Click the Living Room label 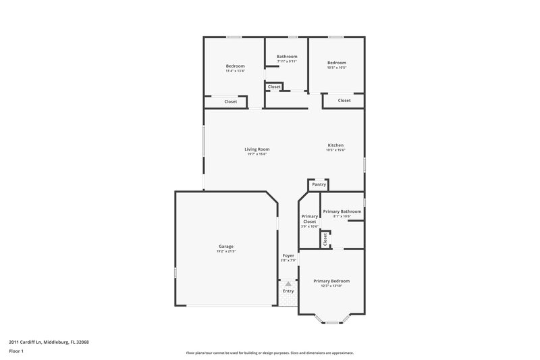256,149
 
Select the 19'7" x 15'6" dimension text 256,155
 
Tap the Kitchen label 335,145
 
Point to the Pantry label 319,184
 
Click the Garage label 225,246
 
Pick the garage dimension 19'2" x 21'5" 225,251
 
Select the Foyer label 288,256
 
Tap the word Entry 288,291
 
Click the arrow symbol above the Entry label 288,284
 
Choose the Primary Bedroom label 331,281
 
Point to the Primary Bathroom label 342,211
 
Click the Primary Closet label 309,219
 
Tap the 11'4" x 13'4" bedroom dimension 235,71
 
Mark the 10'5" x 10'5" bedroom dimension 336,68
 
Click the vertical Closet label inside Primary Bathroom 325,238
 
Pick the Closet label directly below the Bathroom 274,87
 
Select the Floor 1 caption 17,351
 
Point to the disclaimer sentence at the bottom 270,353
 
